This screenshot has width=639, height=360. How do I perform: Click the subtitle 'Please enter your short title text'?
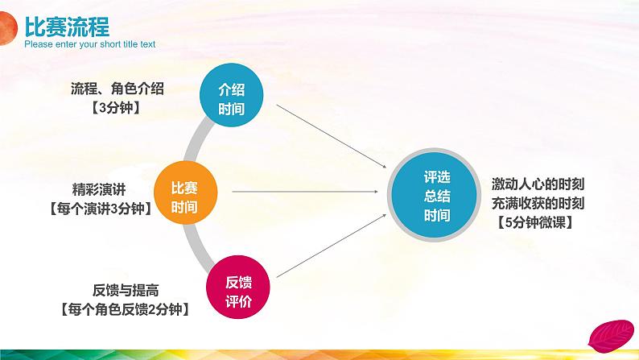(90, 45)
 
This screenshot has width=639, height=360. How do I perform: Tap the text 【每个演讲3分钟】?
(99, 207)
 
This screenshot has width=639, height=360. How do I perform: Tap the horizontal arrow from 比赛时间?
(306, 192)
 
